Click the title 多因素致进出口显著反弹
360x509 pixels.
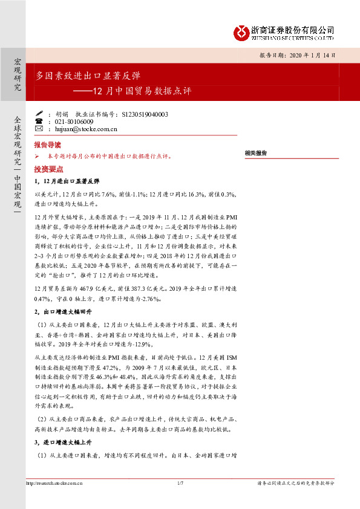(x=88, y=76)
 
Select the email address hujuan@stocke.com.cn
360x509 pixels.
(x=86, y=129)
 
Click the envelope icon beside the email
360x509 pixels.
(x=39, y=129)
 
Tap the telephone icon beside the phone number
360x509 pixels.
(x=39, y=122)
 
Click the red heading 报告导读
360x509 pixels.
(x=48, y=146)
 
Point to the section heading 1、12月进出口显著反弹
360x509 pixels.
(x=67, y=181)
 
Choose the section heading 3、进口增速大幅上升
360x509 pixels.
(x=63, y=442)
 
